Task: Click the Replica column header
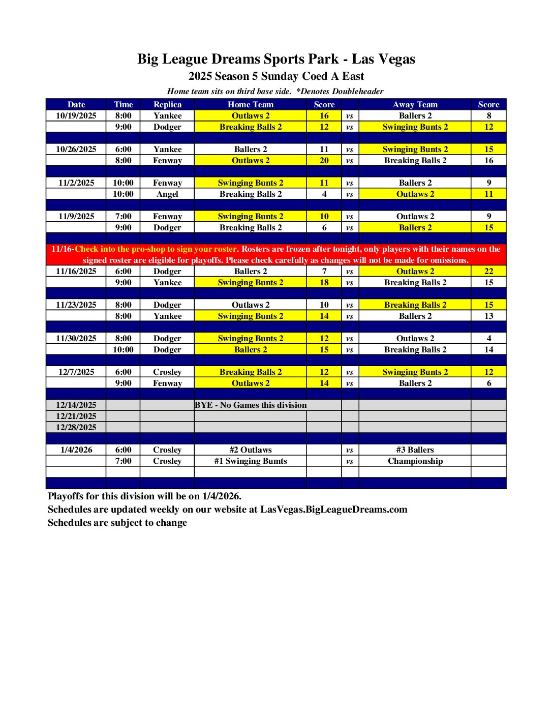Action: (x=167, y=104)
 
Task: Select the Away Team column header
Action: (x=415, y=104)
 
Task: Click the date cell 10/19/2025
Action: (x=76, y=115)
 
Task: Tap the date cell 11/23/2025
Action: (x=76, y=305)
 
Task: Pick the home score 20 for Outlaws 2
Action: (x=324, y=160)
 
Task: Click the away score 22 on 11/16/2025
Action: (x=488, y=271)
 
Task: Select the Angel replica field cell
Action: (x=167, y=194)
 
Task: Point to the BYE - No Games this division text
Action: (x=251, y=405)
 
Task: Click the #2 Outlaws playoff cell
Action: (x=251, y=450)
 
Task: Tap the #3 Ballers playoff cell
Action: (x=415, y=450)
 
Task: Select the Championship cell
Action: (x=415, y=461)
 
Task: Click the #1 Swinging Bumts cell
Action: (x=251, y=461)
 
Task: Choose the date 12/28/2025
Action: (x=76, y=427)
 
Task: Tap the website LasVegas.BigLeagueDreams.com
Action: (x=333, y=509)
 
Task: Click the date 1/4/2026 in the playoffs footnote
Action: (x=221, y=496)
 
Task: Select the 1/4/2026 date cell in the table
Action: (x=76, y=450)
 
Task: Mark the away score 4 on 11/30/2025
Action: (x=488, y=338)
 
